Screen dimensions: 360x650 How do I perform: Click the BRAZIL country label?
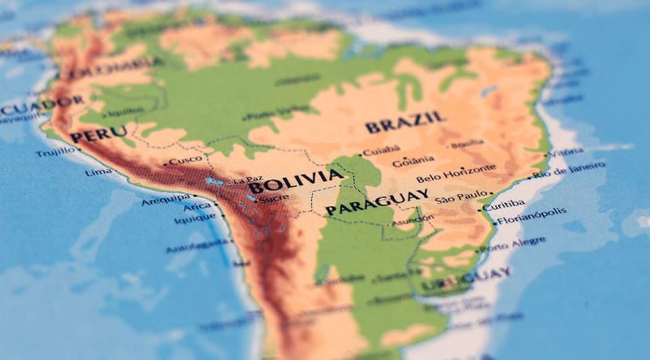[405, 123]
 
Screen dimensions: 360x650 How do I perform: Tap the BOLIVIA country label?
[296, 180]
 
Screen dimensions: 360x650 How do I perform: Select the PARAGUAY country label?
[377, 202]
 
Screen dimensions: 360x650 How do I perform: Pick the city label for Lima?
[98, 172]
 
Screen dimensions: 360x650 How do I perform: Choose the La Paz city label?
[248, 180]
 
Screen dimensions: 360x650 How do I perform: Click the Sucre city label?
[274, 197]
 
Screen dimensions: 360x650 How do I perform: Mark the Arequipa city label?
[166, 199]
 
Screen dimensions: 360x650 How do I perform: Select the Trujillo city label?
[54, 152]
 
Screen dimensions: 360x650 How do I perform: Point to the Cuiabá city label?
[381, 150]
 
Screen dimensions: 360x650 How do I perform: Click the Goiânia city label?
[414, 161]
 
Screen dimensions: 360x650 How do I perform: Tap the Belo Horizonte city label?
[456, 173]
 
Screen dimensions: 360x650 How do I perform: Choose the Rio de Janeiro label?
[569, 169]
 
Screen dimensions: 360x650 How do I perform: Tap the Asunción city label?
[413, 219]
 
